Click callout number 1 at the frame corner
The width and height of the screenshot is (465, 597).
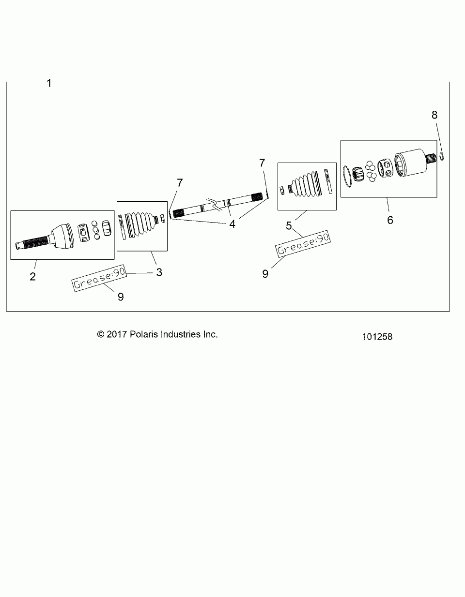pyautogui.click(x=48, y=83)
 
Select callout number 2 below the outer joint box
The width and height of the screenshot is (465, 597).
pyautogui.click(x=32, y=277)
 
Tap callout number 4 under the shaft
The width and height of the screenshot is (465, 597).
pyautogui.click(x=232, y=224)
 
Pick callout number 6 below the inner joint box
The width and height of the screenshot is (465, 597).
pyautogui.click(x=390, y=220)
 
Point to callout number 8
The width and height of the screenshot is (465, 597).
pyautogui.click(x=434, y=115)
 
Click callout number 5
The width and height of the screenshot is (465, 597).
pyautogui.click(x=289, y=225)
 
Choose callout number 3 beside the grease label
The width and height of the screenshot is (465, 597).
pyautogui.click(x=159, y=272)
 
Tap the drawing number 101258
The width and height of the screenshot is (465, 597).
pyautogui.click(x=377, y=337)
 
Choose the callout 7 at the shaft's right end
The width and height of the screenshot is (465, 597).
pyautogui.click(x=262, y=163)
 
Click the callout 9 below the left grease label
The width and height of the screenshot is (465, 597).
pyautogui.click(x=121, y=297)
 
